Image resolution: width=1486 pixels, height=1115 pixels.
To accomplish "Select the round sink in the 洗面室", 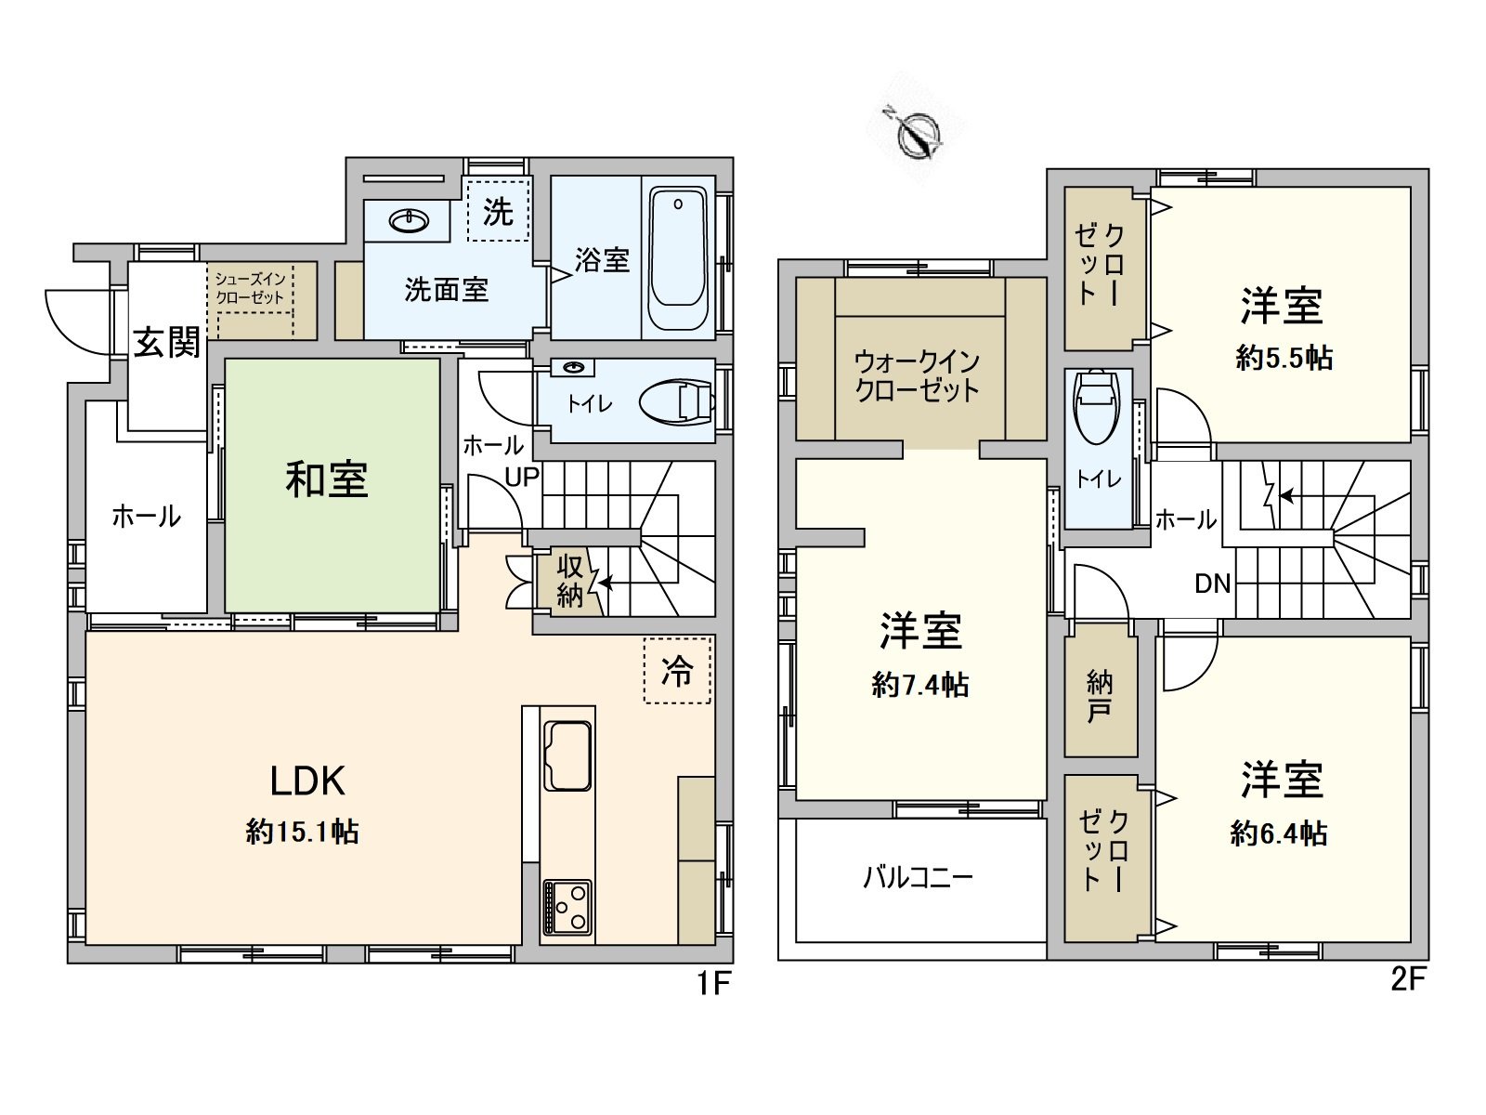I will pyautogui.click(x=409, y=221).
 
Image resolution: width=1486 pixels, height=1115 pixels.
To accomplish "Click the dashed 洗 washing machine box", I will pyautogui.click(x=498, y=212).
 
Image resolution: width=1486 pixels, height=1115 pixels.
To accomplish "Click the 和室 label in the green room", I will pyautogui.click(x=327, y=480).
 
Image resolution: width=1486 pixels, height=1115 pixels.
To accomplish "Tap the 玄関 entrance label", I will pyautogui.click(x=167, y=342).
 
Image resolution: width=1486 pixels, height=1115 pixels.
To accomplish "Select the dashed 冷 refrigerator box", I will pyautogui.click(x=677, y=671).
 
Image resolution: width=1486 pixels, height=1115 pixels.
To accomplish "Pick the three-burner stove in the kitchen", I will pyautogui.click(x=567, y=906).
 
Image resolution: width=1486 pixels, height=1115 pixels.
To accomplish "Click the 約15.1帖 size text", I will pyautogui.click(x=303, y=832).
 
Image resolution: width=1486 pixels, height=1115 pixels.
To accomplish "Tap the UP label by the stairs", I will pyautogui.click(x=522, y=478).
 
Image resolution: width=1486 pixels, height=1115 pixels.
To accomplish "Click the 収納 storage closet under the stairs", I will pyautogui.click(x=569, y=582).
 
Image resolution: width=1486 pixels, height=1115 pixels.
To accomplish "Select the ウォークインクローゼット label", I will pyautogui.click(x=918, y=375).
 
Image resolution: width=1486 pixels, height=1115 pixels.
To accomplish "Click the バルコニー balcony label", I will pyautogui.click(x=918, y=877).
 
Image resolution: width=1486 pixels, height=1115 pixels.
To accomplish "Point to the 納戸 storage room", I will pyautogui.click(x=1100, y=698).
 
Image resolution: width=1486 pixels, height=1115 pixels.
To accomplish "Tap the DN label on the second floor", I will pyautogui.click(x=1212, y=584).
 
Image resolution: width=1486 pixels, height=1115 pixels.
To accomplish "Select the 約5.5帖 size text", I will pyautogui.click(x=1284, y=359).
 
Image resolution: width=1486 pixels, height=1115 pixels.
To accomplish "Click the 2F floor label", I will pyautogui.click(x=1407, y=981).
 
